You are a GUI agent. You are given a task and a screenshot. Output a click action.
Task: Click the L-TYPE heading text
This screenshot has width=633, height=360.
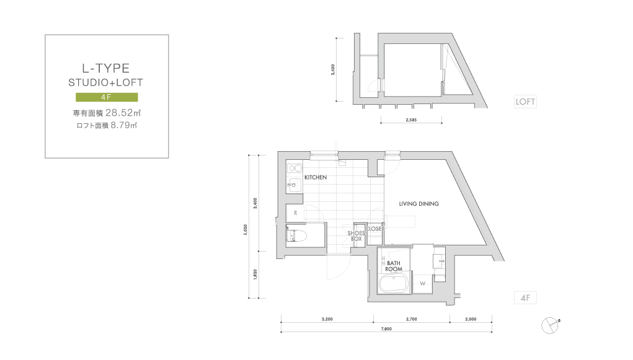(x=106, y=68)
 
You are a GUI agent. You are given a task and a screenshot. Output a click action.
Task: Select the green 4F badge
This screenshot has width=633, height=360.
(x=107, y=97)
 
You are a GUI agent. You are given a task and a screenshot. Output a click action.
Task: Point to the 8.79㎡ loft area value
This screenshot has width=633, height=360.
(x=124, y=125)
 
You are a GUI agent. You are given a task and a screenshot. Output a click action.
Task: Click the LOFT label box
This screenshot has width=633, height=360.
(x=525, y=102)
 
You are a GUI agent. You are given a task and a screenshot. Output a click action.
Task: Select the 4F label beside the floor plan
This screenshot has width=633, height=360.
(x=525, y=298)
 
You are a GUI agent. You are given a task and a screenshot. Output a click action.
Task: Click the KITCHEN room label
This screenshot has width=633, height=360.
(x=316, y=177)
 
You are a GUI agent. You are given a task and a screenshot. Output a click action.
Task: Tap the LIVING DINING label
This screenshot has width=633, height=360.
(x=418, y=204)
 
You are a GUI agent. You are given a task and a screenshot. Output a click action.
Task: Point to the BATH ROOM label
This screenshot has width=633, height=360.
(x=394, y=266)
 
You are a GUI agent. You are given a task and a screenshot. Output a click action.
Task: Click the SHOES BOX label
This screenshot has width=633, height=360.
(x=356, y=236)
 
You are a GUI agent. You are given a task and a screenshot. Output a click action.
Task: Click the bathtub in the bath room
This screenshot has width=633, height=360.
(x=394, y=284)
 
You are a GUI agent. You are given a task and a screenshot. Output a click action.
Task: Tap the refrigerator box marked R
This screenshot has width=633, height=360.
(x=296, y=213)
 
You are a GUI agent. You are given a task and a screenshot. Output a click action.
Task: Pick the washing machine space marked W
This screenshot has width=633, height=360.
(x=422, y=284)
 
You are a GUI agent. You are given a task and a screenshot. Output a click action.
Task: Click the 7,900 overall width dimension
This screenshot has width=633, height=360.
(x=386, y=329)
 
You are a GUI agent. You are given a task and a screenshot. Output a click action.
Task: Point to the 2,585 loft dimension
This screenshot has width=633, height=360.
(x=411, y=120)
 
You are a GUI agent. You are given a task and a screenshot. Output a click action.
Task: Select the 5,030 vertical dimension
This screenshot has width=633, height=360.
(x=246, y=230)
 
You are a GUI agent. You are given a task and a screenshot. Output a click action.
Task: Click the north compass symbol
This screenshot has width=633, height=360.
(x=550, y=325)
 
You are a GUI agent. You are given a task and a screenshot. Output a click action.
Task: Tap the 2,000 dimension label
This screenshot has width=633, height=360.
(x=471, y=319)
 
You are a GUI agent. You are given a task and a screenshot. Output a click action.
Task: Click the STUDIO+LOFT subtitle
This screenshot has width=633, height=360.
(x=106, y=83)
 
